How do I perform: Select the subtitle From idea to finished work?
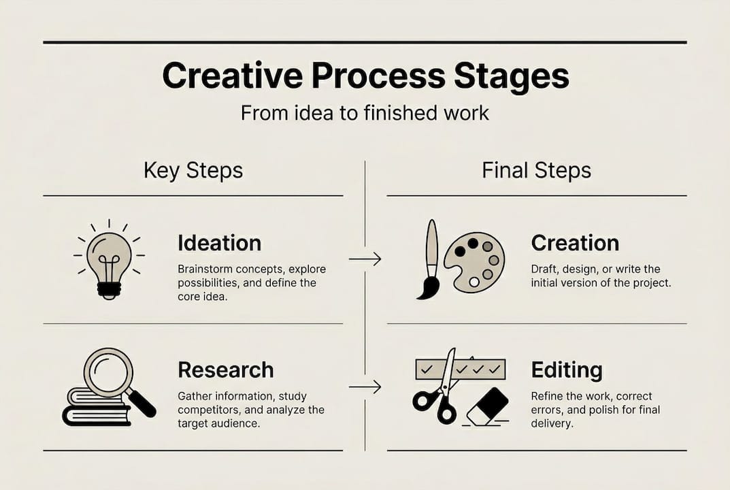365,112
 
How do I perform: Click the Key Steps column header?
193,170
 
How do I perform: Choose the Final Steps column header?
536,170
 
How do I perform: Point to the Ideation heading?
219,243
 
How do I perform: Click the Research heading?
225,370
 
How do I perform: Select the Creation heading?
575,243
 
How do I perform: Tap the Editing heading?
567,370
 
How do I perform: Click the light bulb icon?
109,261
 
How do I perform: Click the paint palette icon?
474,263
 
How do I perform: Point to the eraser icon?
487,406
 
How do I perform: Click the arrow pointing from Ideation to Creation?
365,259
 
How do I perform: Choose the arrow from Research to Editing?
365,387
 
